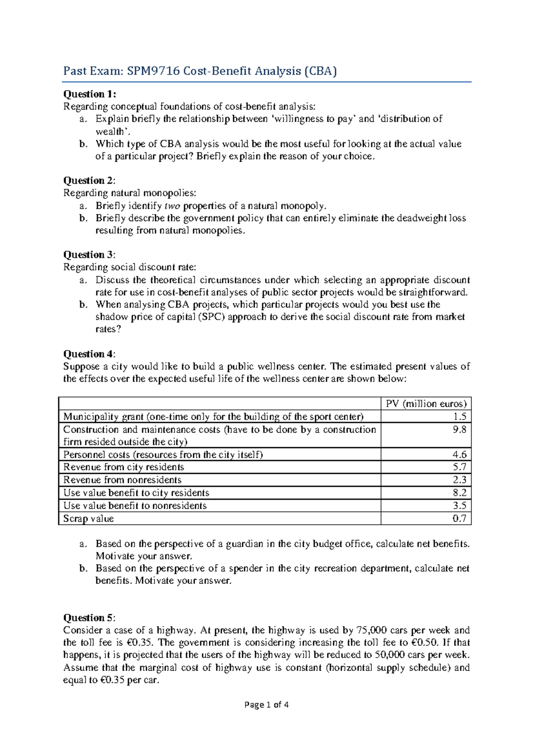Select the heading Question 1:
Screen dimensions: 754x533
pyautogui.click(x=90, y=94)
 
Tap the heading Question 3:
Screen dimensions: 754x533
pyautogui.click(x=89, y=255)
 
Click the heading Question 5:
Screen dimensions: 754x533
pyautogui.click(x=89, y=618)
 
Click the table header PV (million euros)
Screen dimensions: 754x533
pyautogui.click(x=426, y=404)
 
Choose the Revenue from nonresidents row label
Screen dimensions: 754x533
pyautogui.click(x=122, y=480)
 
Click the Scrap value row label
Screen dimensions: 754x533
pyautogui.click(x=88, y=519)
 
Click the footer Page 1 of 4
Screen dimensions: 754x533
pyautogui.click(x=266, y=705)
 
